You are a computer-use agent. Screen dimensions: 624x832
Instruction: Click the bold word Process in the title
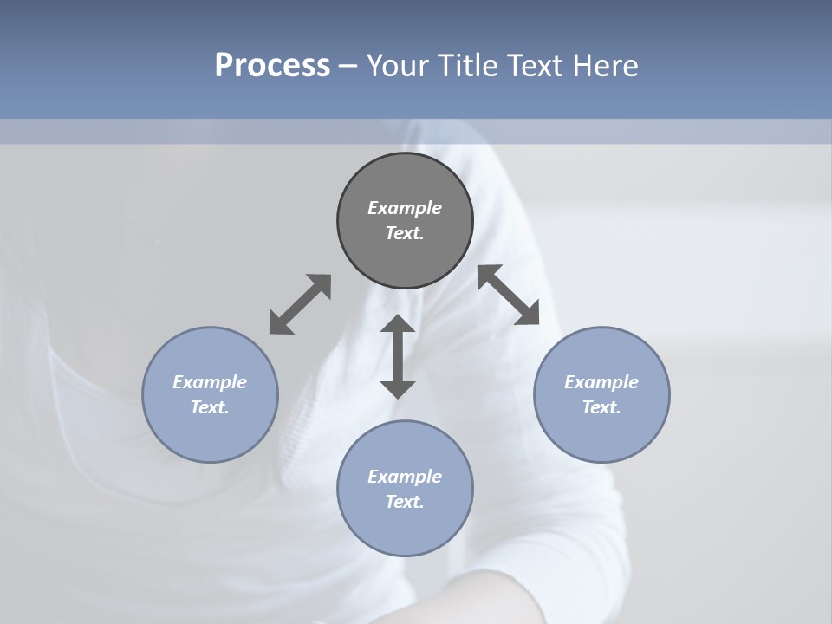[x=272, y=66]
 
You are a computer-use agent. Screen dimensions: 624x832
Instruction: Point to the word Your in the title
[x=398, y=66]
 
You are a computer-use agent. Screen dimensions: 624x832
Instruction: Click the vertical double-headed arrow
[x=398, y=356]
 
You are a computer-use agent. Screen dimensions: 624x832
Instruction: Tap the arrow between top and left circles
[x=300, y=304]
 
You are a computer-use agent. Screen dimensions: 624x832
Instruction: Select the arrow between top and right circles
[x=509, y=295]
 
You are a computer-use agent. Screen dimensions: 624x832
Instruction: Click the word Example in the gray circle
[x=405, y=208]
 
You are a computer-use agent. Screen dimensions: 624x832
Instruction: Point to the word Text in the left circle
[x=210, y=407]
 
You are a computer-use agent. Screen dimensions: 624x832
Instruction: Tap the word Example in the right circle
[x=601, y=382]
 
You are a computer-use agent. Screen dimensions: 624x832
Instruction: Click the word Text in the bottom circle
[x=405, y=502]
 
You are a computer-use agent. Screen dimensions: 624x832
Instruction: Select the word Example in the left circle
[x=210, y=382]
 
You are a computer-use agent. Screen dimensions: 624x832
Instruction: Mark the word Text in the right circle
[x=601, y=407]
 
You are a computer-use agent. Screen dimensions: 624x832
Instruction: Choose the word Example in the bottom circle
[x=405, y=477]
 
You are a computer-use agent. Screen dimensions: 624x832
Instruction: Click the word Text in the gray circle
[x=405, y=233]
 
